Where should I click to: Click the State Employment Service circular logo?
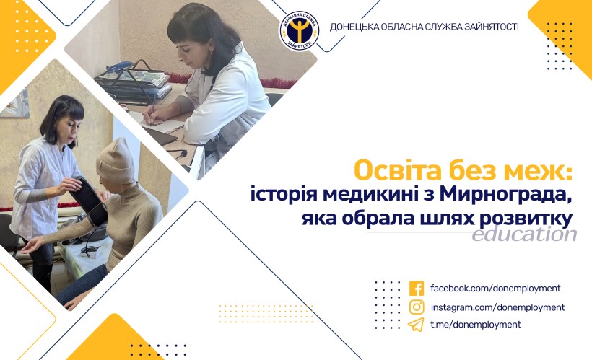tap(300, 30)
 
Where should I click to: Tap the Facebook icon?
tap(417, 289)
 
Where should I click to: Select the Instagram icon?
tap(417, 307)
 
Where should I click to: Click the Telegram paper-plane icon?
tap(416, 325)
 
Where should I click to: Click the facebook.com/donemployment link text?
tap(495, 289)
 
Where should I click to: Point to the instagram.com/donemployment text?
tap(497, 307)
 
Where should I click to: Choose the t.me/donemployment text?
tap(476, 325)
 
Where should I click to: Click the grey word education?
tap(524, 234)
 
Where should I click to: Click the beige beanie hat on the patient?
tap(116, 161)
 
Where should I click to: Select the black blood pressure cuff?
tap(89, 200)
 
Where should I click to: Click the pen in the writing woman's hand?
tap(152, 110)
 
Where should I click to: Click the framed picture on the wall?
tap(15, 104)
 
